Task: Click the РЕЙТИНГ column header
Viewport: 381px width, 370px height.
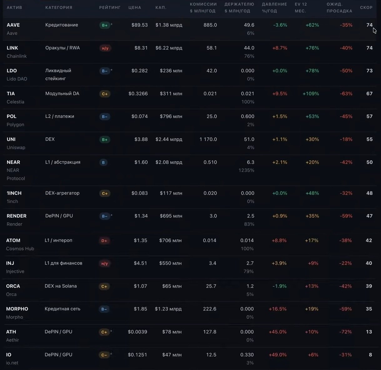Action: (110, 8)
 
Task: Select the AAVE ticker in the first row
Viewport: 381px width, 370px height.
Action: (13, 25)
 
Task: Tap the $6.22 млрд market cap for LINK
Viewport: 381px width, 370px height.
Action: (169, 48)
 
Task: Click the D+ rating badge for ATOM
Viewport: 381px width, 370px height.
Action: (104, 241)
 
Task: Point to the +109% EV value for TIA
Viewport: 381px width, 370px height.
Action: (311, 94)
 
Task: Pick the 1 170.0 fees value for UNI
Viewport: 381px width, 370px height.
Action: (208, 139)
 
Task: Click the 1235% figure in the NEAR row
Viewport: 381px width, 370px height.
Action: (246, 170)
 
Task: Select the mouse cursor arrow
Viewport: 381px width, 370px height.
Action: (374, 31)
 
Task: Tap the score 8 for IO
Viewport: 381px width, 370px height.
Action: (370, 355)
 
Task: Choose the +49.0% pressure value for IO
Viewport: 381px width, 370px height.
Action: (278, 355)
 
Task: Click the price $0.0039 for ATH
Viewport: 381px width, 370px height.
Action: (137, 332)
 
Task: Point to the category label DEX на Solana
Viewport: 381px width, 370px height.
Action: (61, 286)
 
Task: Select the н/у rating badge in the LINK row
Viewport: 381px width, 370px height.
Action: (105, 48)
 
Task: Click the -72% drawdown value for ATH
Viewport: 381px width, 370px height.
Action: (345, 332)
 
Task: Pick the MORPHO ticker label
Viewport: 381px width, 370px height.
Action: (17, 309)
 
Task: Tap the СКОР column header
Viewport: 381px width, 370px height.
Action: (366, 8)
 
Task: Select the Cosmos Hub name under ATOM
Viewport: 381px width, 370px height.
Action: (20, 248)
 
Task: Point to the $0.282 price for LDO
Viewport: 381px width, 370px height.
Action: (139, 70)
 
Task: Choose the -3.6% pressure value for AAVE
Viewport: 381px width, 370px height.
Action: (280, 25)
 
